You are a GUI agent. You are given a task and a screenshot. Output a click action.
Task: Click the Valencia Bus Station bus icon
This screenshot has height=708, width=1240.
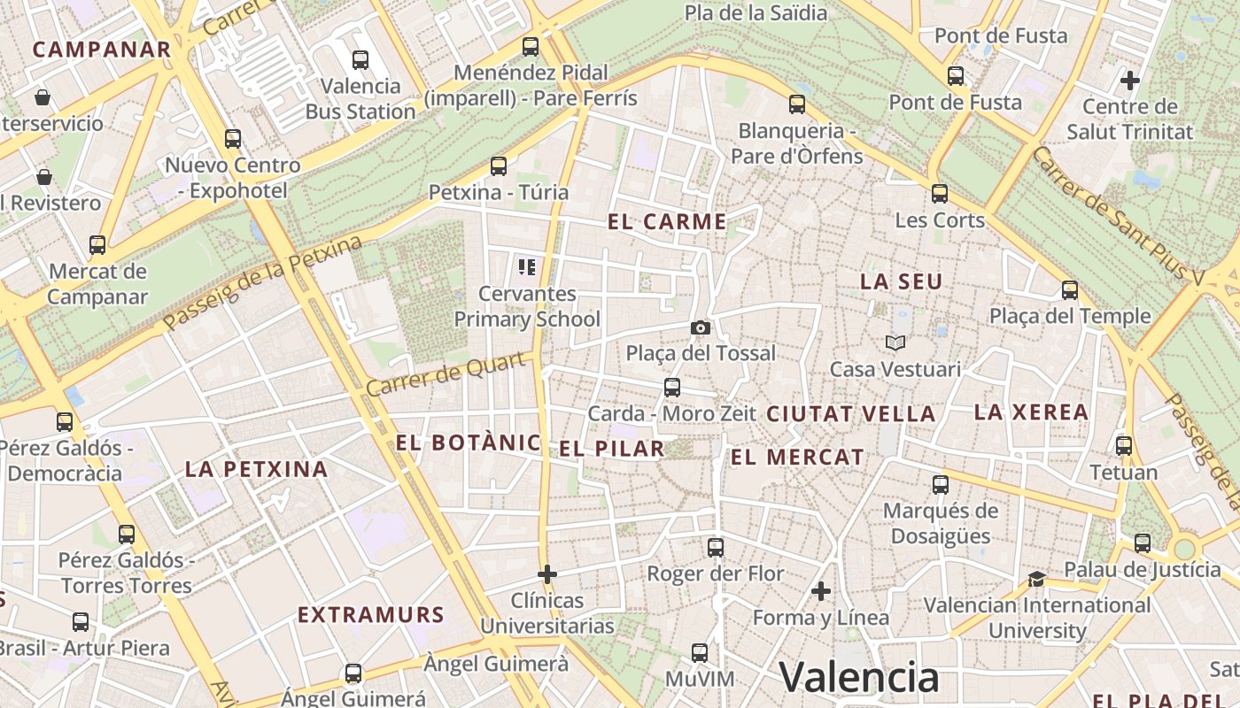pyautogui.click(x=360, y=60)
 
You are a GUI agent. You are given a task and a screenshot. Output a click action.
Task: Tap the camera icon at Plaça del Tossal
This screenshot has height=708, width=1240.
pyautogui.click(x=701, y=328)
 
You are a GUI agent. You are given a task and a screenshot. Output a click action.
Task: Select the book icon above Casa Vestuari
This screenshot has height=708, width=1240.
pyautogui.click(x=895, y=342)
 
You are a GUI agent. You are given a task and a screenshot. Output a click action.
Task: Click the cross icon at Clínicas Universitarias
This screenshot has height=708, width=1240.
pyautogui.click(x=547, y=574)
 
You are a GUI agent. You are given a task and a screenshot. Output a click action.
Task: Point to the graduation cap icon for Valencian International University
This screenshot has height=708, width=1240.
pyautogui.click(x=1036, y=579)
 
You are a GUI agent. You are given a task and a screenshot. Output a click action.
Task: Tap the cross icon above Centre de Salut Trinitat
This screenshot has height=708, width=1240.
pyautogui.click(x=1130, y=81)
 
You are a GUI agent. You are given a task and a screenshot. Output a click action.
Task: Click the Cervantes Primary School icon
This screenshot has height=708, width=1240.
pyautogui.click(x=527, y=266)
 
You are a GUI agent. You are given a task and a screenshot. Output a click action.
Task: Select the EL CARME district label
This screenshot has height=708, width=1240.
pyautogui.click(x=667, y=222)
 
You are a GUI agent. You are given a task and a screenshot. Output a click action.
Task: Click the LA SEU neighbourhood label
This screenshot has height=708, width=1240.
pyautogui.click(x=902, y=282)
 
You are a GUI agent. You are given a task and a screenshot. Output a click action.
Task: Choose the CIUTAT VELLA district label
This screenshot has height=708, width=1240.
pyautogui.click(x=850, y=413)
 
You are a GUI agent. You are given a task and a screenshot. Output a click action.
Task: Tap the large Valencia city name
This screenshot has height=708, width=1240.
pyautogui.click(x=859, y=678)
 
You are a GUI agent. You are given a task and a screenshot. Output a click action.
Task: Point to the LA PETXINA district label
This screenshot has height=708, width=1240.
pyautogui.click(x=256, y=469)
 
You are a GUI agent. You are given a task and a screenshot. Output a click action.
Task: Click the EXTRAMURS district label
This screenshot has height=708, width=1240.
pyautogui.click(x=370, y=614)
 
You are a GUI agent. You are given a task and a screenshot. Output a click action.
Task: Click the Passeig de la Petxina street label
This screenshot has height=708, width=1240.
pyautogui.click(x=264, y=283)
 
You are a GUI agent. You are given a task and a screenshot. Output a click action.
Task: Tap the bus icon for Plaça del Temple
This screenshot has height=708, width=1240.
pyautogui.click(x=1070, y=289)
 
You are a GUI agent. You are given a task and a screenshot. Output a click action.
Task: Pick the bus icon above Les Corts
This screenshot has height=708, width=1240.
pyautogui.click(x=940, y=193)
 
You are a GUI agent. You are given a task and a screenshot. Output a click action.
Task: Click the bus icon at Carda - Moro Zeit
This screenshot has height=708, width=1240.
pyautogui.click(x=672, y=387)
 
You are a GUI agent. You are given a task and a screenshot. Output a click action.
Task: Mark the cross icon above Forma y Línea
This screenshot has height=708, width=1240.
pyautogui.click(x=821, y=590)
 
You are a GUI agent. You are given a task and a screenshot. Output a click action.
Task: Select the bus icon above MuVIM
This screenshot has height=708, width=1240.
pyautogui.click(x=700, y=653)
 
